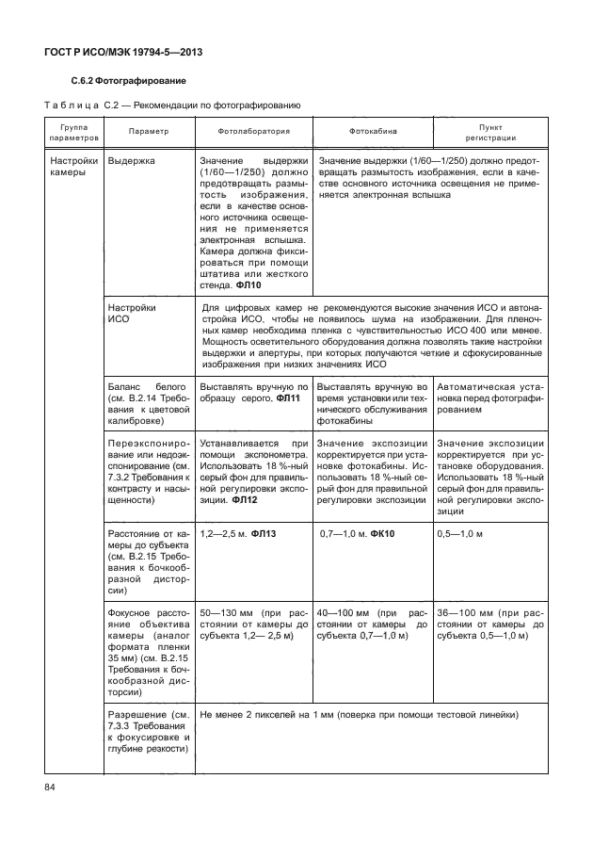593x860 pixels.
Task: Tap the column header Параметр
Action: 149,131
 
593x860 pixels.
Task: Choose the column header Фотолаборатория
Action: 254,131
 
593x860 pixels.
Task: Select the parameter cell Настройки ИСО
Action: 133,314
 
